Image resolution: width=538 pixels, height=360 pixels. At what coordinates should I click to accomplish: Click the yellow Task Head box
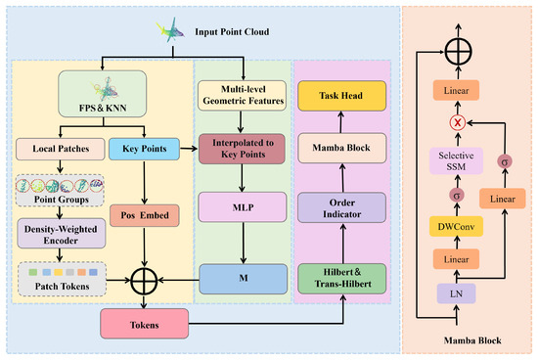tap(341, 96)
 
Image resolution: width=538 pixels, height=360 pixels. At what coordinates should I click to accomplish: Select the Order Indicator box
tap(341, 208)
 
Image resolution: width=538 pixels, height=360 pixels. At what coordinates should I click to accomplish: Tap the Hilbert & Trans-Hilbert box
tap(341, 279)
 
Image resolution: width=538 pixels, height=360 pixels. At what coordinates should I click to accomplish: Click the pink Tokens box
tap(144, 324)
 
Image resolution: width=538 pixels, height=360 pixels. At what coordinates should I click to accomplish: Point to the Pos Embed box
tap(145, 215)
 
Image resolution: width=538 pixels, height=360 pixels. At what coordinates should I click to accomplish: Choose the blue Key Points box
tap(144, 149)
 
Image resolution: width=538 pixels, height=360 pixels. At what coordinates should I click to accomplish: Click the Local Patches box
tap(61, 149)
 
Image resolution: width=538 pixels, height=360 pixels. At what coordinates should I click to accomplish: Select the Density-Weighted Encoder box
tap(61, 234)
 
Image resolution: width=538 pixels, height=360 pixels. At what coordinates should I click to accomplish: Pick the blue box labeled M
tap(244, 279)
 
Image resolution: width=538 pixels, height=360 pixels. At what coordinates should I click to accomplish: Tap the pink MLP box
tap(243, 207)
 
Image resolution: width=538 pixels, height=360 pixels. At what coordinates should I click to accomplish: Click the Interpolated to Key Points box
tap(242, 149)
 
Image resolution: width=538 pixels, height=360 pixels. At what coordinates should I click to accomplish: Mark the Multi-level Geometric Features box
tap(242, 96)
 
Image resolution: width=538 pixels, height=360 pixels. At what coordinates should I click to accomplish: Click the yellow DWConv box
tap(456, 227)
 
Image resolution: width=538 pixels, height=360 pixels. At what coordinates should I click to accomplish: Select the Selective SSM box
tap(456, 161)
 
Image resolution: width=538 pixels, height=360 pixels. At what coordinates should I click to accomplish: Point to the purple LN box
tap(456, 293)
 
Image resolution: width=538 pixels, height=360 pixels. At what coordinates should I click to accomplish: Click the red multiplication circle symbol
tap(458, 122)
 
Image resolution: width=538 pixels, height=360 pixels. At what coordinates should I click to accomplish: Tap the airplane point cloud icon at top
tap(170, 30)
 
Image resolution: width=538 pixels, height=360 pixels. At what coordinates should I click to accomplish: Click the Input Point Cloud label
tap(232, 32)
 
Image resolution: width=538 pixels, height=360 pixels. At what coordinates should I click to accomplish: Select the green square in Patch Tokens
tap(33, 272)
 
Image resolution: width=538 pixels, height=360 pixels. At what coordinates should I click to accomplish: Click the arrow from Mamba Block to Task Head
tap(340, 122)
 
